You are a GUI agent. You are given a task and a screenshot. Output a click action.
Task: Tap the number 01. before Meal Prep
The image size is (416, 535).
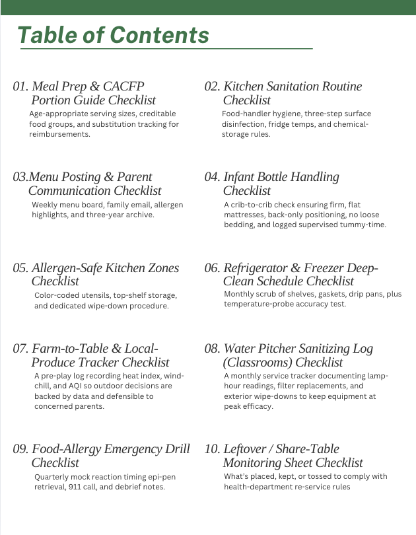tap(20, 87)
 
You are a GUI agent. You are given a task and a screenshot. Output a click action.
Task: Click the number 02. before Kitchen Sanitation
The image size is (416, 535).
tap(213, 87)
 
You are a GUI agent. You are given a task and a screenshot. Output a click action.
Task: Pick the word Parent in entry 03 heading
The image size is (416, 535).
tap(134, 177)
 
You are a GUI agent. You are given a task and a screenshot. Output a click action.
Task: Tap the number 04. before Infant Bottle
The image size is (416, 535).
tap(213, 177)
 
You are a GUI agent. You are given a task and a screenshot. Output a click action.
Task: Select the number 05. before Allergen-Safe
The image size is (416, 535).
tap(20, 267)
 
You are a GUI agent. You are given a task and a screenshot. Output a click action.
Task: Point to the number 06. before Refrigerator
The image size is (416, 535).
tap(213, 267)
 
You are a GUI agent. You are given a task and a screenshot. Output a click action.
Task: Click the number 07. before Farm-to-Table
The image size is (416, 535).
tap(20, 348)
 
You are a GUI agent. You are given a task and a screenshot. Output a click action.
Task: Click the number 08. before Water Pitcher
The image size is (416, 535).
tap(213, 348)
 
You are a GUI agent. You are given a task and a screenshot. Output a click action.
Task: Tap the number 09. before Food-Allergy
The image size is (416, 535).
tap(20, 449)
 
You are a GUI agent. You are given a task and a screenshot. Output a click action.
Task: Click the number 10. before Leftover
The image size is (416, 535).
tap(213, 449)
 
